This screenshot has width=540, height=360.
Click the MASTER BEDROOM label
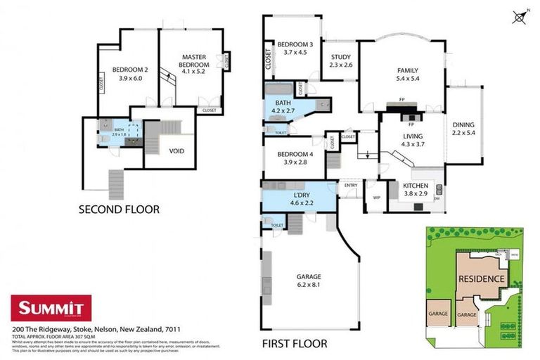point(193,57)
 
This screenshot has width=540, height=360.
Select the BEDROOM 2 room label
point(129,70)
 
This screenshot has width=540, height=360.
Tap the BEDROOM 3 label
point(295,44)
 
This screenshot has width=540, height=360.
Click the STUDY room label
point(340,58)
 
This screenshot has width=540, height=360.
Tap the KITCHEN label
point(415,186)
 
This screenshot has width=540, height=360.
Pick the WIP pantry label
point(376,198)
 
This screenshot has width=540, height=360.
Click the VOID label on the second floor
point(177,150)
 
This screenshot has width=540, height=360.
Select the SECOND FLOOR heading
point(119,209)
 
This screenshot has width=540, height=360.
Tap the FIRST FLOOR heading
point(295,344)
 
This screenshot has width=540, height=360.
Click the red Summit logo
point(51,307)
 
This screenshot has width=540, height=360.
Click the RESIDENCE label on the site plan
point(482,278)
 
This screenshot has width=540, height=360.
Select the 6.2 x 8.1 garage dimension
point(309,285)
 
